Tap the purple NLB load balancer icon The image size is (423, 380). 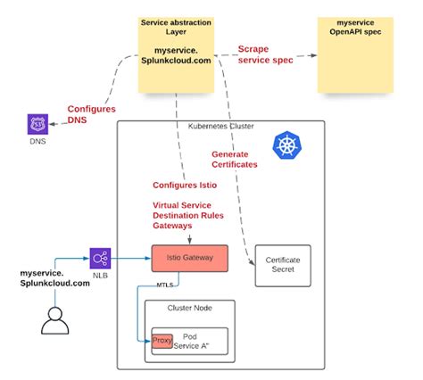(100, 259)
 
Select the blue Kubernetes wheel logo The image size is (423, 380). (287, 146)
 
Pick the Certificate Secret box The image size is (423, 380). (283, 265)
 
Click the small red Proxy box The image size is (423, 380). (162, 341)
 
